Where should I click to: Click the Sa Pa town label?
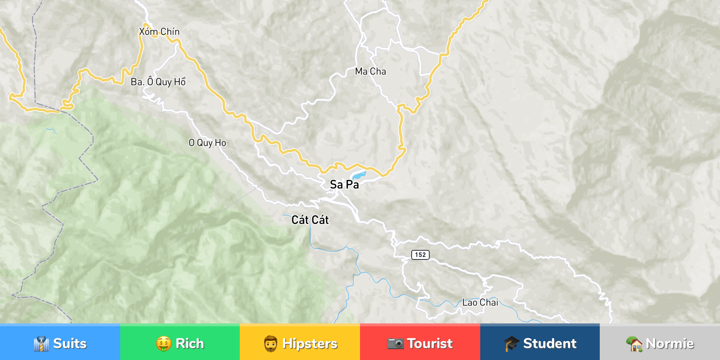tap(344, 185)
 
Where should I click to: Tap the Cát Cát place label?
tap(310, 220)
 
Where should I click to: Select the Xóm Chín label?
tap(159, 32)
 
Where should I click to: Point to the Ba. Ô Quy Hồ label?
tap(158, 82)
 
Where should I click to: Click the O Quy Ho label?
tap(207, 143)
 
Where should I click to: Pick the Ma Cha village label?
tap(370, 71)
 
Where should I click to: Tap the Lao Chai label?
tap(480, 302)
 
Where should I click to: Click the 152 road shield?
tap(420, 255)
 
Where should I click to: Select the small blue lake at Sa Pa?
tap(359, 175)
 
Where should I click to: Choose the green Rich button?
tap(180, 343)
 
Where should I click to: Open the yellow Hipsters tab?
tap(300, 343)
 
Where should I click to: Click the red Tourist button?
tap(420, 343)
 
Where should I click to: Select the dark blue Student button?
tap(540, 343)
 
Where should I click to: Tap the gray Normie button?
tap(660, 343)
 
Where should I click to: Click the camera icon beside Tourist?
tap(396, 343)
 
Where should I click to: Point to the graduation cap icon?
tap(511, 343)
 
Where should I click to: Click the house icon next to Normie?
tap(634, 343)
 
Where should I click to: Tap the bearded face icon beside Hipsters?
tap(271, 343)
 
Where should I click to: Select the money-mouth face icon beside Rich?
tap(164, 343)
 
